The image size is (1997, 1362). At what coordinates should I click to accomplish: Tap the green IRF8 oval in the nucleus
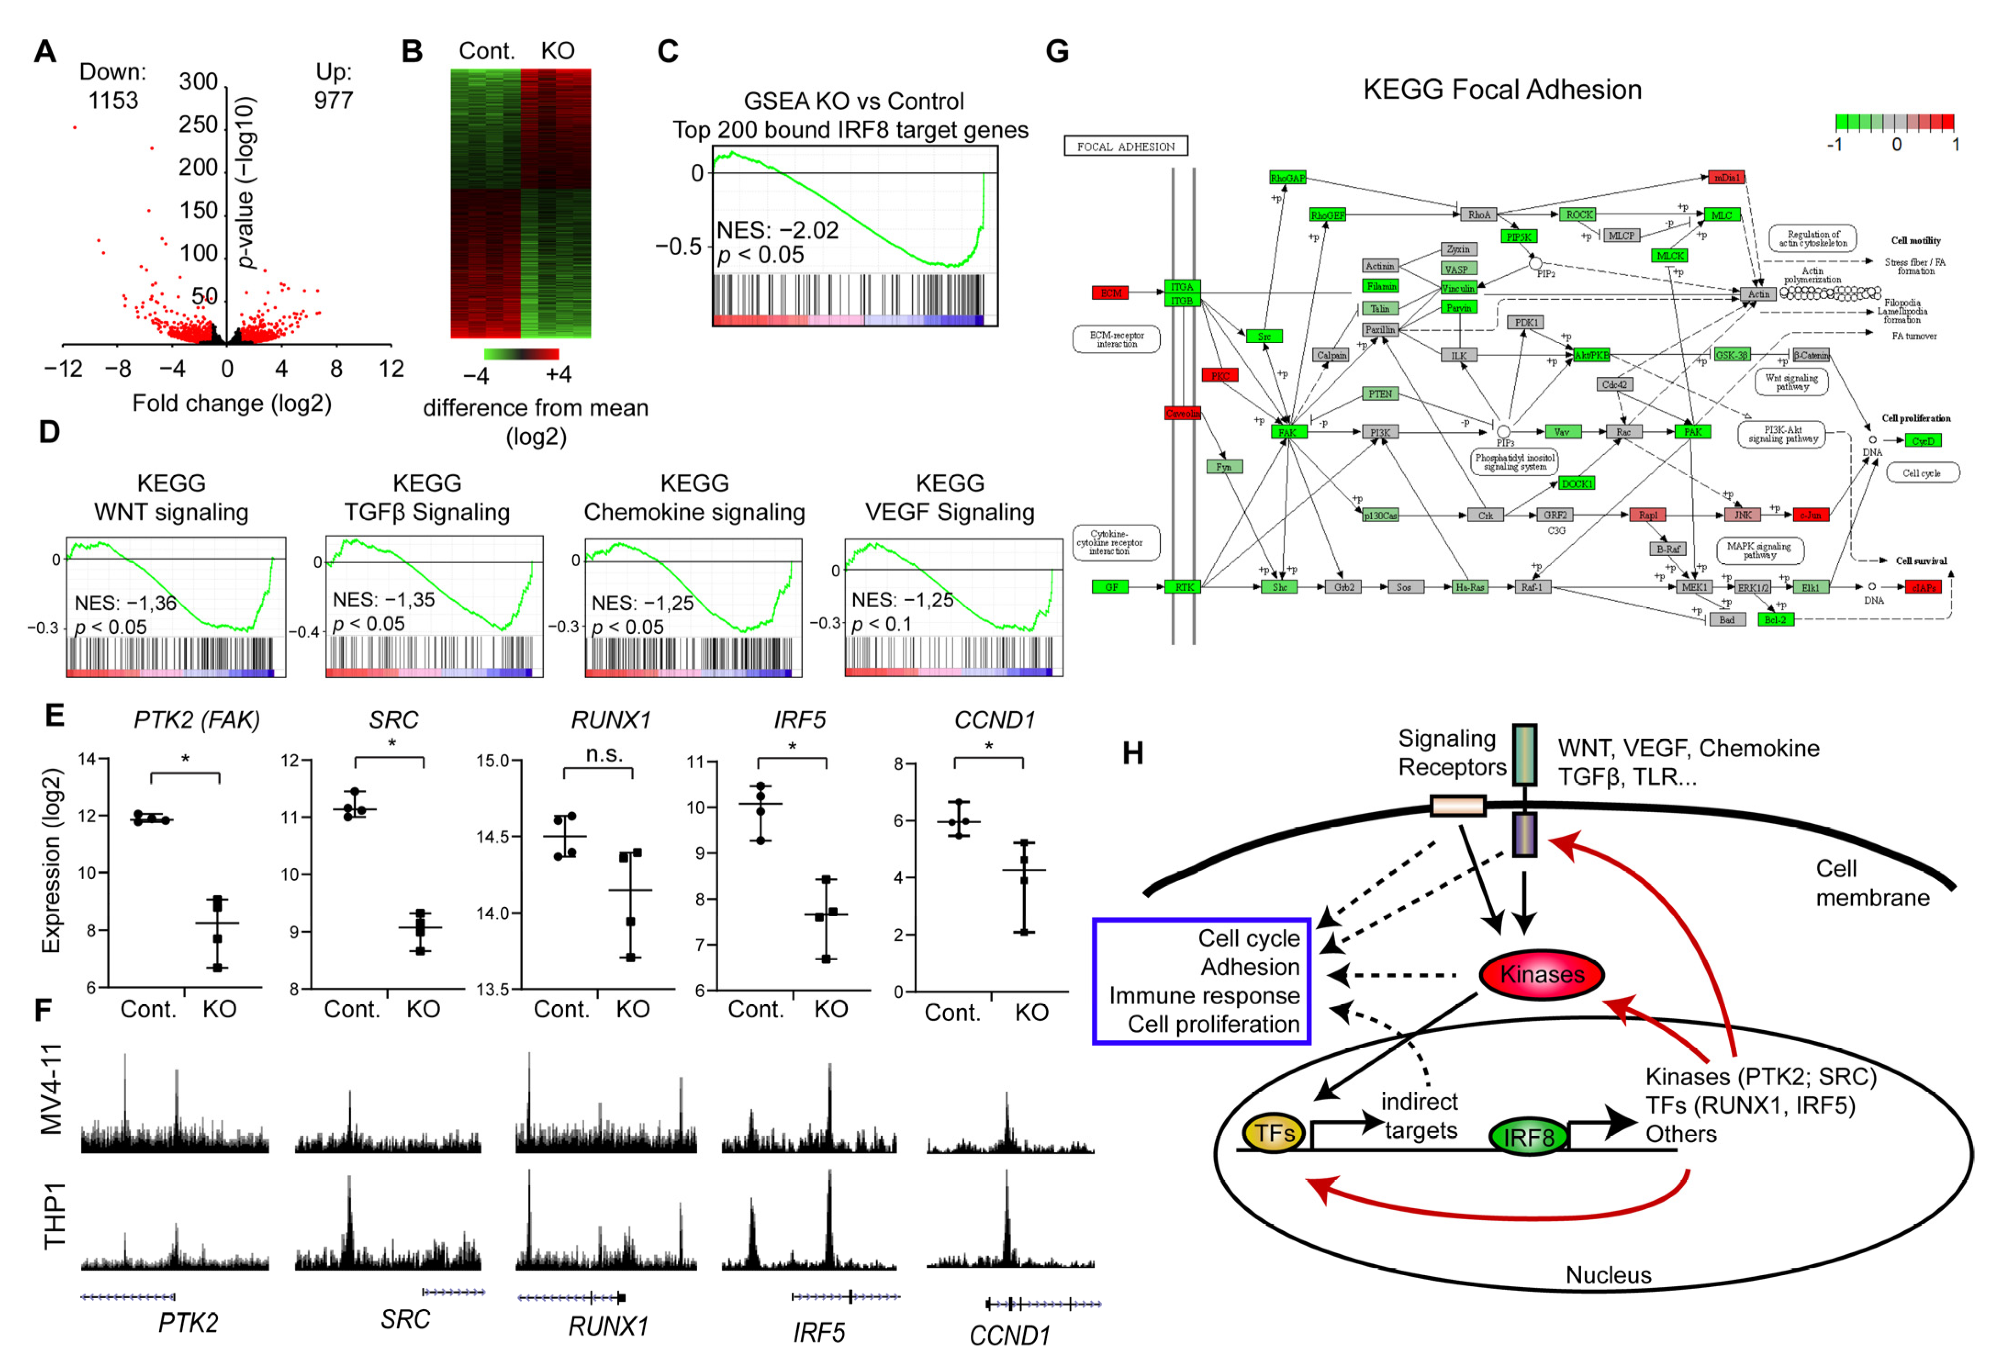tap(1528, 1136)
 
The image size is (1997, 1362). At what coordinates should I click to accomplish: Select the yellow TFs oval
tap(1274, 1133)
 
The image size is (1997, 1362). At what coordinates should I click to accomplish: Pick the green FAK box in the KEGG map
tap(1287, 432)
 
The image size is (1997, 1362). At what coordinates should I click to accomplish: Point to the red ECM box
tap(1110, 293)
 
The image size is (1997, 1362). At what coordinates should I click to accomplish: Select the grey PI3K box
tap(1379, 432)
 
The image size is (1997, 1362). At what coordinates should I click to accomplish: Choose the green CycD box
tap(1922, 441)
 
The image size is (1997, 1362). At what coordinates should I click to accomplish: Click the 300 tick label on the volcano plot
tap(198, 82)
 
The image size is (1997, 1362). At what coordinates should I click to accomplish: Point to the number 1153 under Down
tap(112, 100)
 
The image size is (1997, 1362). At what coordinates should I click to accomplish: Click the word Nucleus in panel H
tap(1608, 1274)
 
